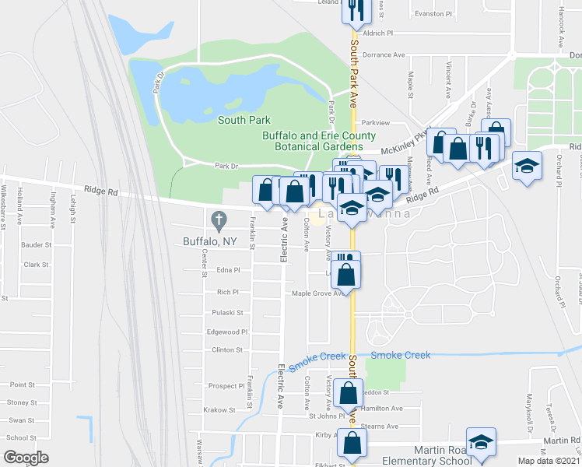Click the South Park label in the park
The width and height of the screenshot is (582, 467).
click(x=244, y=120)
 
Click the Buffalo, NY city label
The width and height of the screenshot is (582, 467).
click(x=209, y=241)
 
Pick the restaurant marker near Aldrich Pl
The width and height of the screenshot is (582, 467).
click(x=354, y=10)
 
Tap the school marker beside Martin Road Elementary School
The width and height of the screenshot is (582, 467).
click(x=481, y=442)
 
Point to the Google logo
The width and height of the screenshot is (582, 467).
click(x=26, y=457)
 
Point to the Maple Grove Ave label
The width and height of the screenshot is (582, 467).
click(x=317, y=293)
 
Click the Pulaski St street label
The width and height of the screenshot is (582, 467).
click(x=227, y=313)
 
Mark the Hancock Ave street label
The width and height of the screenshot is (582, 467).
click(x=560, y=27)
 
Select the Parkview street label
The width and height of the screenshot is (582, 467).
click(x=374, y=123)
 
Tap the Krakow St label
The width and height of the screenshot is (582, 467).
click(x=219, y=409)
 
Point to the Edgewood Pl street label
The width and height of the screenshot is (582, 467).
click(x=228, y=332)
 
